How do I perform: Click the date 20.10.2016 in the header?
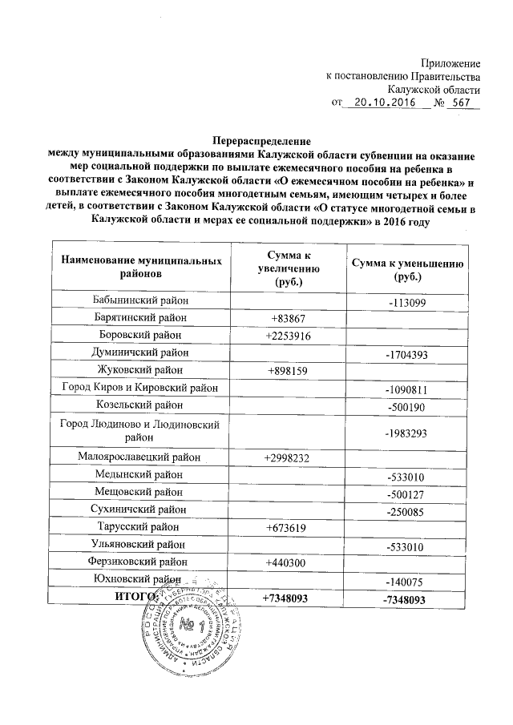tap(386, 103)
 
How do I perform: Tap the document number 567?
tap(461, 103)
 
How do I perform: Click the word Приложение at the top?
tap(450, 63)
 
